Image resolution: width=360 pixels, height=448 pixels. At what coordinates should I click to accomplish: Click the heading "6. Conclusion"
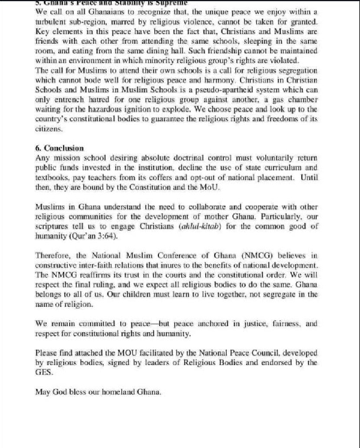pos(59,148)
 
